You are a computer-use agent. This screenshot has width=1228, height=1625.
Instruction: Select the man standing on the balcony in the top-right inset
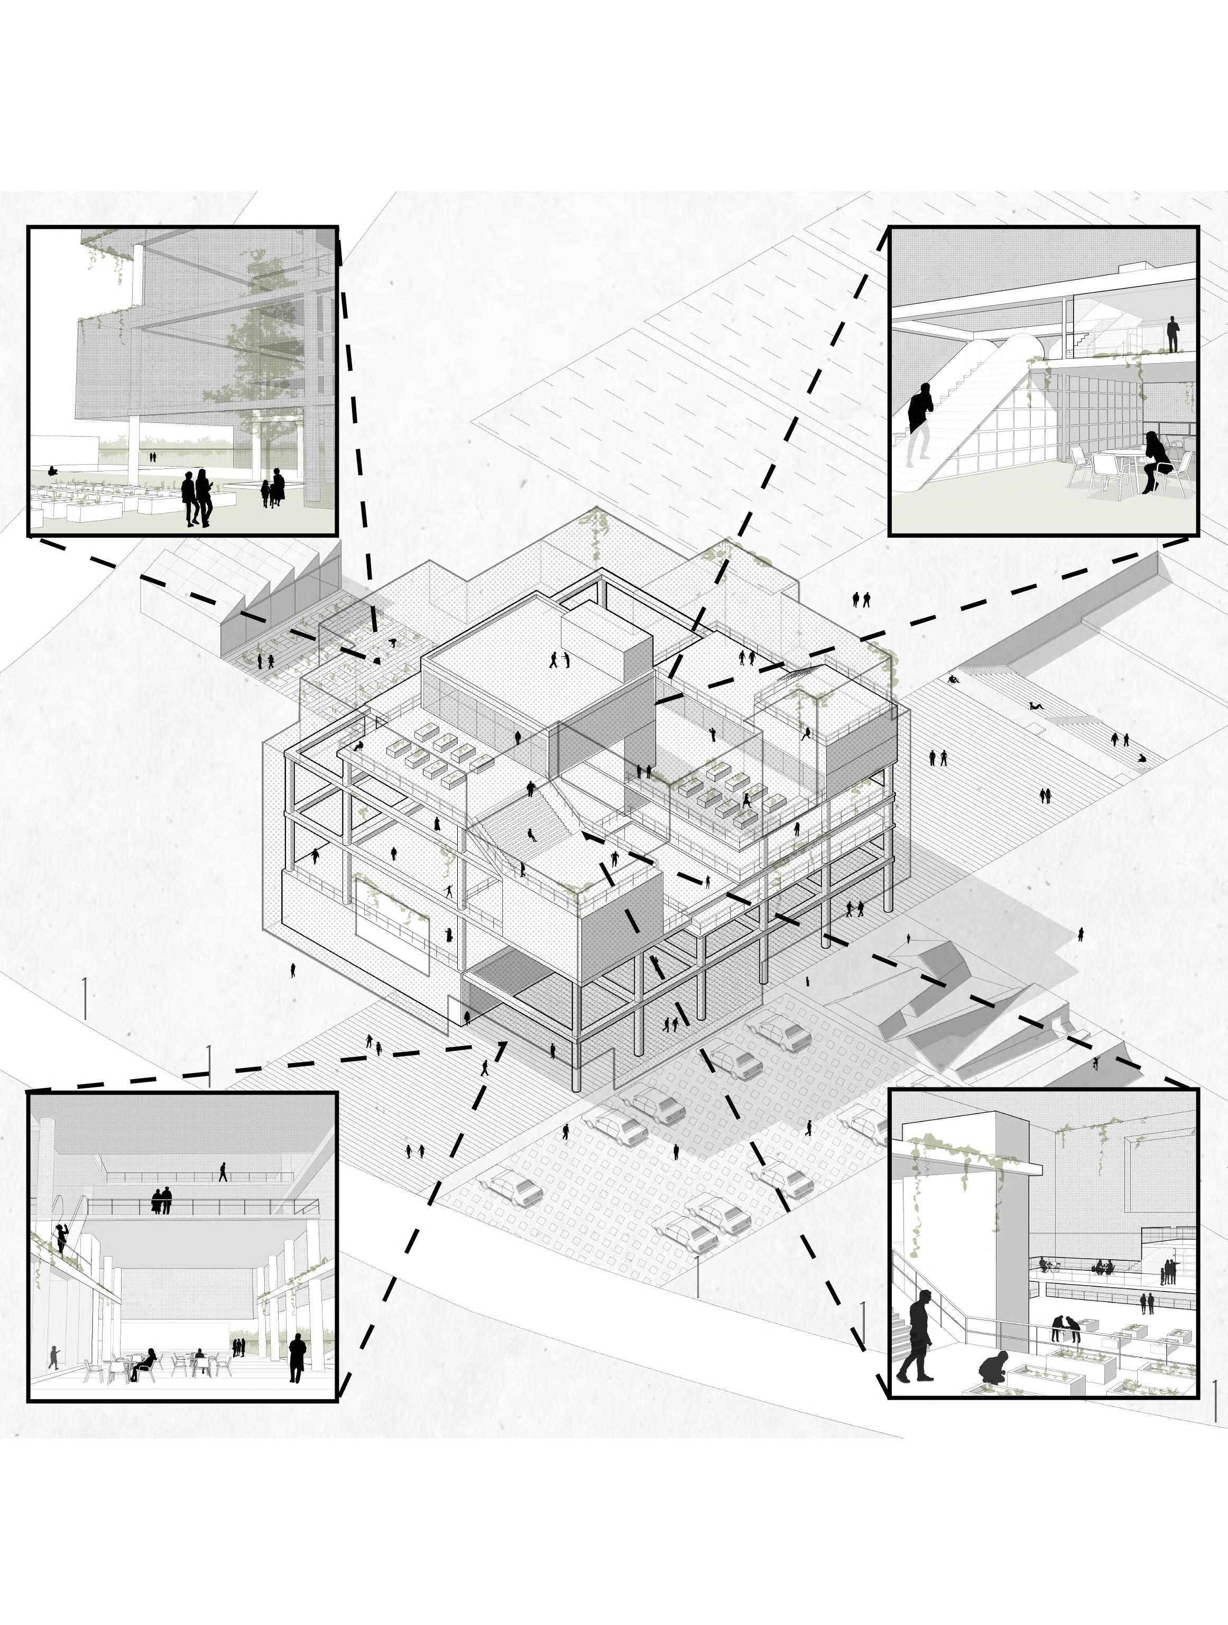pyautogui.click(x=1173, y=333)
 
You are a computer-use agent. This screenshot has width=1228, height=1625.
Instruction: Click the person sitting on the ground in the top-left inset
pyautogui.click(x=51, y=470)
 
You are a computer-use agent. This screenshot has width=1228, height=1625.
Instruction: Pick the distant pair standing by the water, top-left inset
pyautogui.click(x=153, y=456)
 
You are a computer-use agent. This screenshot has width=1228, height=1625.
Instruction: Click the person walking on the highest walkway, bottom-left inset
pyautogui.click(x=223, y=1170)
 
